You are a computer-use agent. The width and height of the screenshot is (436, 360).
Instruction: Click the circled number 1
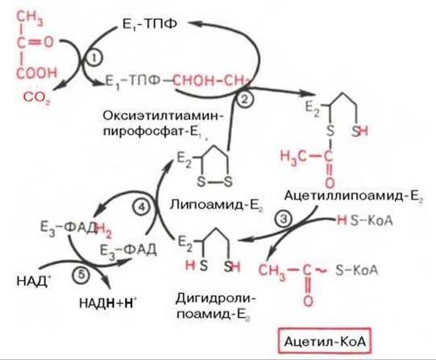click(x=95, y=58)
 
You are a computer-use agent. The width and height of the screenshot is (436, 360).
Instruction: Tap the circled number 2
click(x=244, y=99)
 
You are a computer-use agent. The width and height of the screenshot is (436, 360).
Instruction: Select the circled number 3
click(x=284, y=219)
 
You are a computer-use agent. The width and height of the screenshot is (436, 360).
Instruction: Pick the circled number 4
click(x=142, y=207)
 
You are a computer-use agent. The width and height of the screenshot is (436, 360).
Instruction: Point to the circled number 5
click(x=81, y=276)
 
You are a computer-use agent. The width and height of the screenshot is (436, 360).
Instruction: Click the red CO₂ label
click(x=37, y=97)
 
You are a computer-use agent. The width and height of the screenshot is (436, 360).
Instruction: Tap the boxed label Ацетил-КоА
click(x=325, y=341)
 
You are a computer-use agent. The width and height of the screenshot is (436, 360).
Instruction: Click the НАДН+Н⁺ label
click(x=108, y=303)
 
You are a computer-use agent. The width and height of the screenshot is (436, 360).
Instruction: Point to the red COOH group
click(x=37, y=73)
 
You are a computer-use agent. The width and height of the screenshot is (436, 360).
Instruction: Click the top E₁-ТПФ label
click(x=150, y=24)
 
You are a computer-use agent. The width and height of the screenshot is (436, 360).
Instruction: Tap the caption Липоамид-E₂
click(x=216, y=205)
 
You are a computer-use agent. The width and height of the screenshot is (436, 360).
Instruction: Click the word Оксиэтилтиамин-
click(x=164, y=115)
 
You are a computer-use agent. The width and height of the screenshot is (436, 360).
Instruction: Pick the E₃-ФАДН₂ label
click(x=76, y=230)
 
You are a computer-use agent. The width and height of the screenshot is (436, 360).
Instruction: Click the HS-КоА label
click(x=364, y=221)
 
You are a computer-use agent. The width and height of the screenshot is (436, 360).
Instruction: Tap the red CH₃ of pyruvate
click(x=30, y=18)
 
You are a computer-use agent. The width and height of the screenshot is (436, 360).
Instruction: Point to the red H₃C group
click(x=293, y=158)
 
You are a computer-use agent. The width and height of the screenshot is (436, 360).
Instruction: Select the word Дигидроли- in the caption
click(x=215, y=300)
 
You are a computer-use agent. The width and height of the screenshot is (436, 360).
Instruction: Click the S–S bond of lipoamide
click(x=214, y=183)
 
